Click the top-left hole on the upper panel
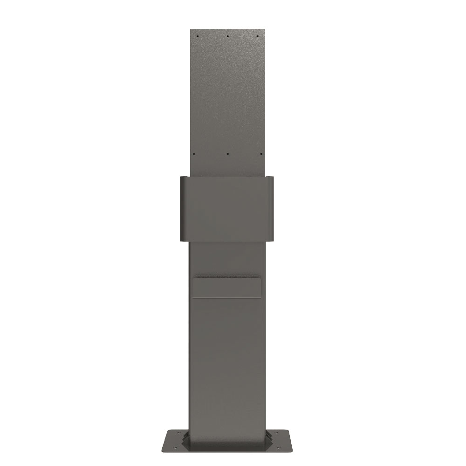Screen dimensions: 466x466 click(198, 36)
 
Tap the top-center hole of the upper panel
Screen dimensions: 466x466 click(227, 36)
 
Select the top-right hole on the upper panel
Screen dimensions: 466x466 click(258, 36)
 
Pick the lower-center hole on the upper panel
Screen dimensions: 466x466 click(227, 154)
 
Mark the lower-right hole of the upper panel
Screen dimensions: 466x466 click(261, 154)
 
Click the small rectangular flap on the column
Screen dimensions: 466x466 click(227, 287)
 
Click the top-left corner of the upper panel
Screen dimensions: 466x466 click(191, 30)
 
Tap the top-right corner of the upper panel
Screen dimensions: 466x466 click(264, 30)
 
